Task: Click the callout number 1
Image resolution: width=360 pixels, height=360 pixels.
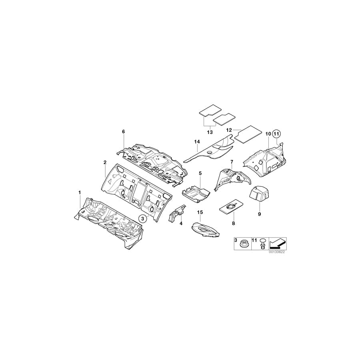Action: click(80, 193)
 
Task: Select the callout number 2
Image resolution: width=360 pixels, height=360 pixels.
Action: click(105, 162)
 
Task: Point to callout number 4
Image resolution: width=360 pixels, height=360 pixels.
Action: click(181, 224)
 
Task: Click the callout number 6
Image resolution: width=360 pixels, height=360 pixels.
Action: click(124, 132)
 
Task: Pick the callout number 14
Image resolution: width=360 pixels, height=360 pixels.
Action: click(197, 142)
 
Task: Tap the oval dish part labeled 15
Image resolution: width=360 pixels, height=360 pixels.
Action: click(206, 229)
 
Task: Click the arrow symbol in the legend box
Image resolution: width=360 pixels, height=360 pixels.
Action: click(278, 243)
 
